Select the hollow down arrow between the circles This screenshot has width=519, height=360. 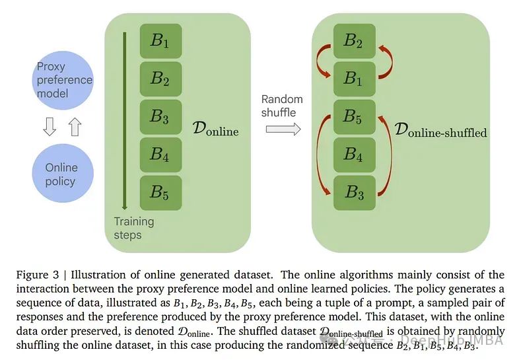50,126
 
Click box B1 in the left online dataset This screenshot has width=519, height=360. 160,41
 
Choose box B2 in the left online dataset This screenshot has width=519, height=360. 160,79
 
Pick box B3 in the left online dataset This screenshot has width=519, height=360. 160,116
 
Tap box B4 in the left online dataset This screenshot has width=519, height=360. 160,155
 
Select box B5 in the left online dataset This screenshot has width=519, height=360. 160,192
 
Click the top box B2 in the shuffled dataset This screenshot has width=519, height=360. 354,41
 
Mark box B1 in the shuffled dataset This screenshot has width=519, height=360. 354,79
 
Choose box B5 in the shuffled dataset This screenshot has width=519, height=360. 354,116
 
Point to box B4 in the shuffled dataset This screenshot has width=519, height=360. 354,155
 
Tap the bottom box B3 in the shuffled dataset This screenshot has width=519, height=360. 354,192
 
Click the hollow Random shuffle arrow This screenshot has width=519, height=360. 282,129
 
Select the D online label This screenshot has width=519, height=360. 213,129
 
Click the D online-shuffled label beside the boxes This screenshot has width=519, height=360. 440,130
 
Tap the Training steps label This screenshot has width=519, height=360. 133,228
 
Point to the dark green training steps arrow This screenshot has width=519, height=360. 123,119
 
